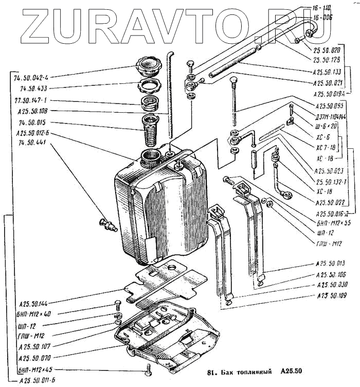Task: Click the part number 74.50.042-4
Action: pos(37,77)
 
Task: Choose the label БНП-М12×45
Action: pos(35,370)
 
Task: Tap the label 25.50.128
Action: pos(327,60)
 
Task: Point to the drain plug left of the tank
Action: pos(108,223)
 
